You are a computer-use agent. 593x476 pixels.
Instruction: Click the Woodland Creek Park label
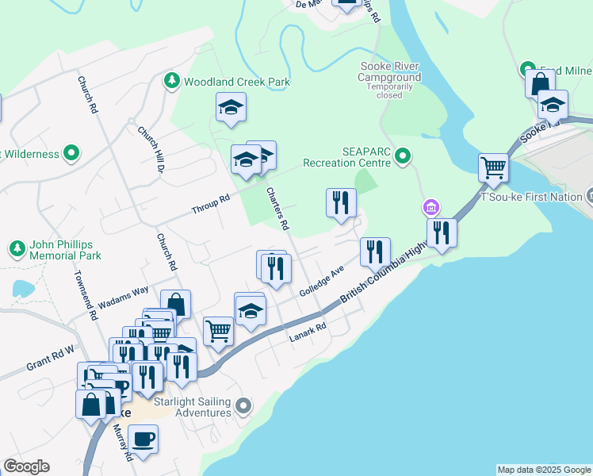point(237,82)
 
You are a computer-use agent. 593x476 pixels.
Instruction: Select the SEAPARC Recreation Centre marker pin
point(404,155)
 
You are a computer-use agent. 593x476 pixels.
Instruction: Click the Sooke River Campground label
point(388,71)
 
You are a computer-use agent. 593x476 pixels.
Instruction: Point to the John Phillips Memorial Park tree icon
point(17,250)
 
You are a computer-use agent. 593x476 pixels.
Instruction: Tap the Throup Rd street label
point(210,204)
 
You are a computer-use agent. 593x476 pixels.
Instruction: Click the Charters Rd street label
point(277,209)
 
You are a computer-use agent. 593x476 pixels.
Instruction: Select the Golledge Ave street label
point(321,281)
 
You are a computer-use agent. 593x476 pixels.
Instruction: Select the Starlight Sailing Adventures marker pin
point(244,407)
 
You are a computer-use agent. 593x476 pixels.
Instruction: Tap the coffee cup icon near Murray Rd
point(143,439)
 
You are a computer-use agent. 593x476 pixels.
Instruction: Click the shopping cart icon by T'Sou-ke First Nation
point(493,167)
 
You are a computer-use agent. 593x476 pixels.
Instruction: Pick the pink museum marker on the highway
point(430,208)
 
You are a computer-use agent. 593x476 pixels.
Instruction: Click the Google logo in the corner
point(26,466)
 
